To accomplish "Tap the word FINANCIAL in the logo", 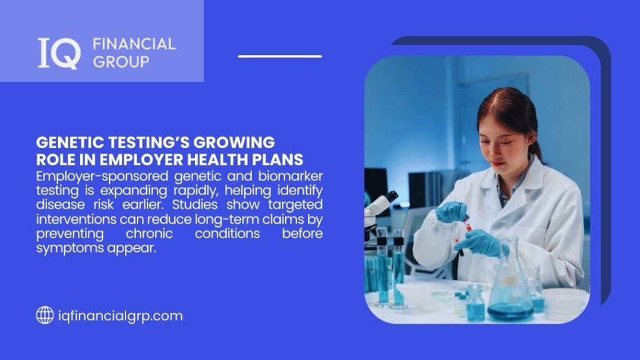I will coord(134,44).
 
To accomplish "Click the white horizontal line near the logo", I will coord(279,56).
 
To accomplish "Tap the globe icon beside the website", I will coord(44,316).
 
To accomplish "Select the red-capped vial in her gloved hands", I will coord(468,222).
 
